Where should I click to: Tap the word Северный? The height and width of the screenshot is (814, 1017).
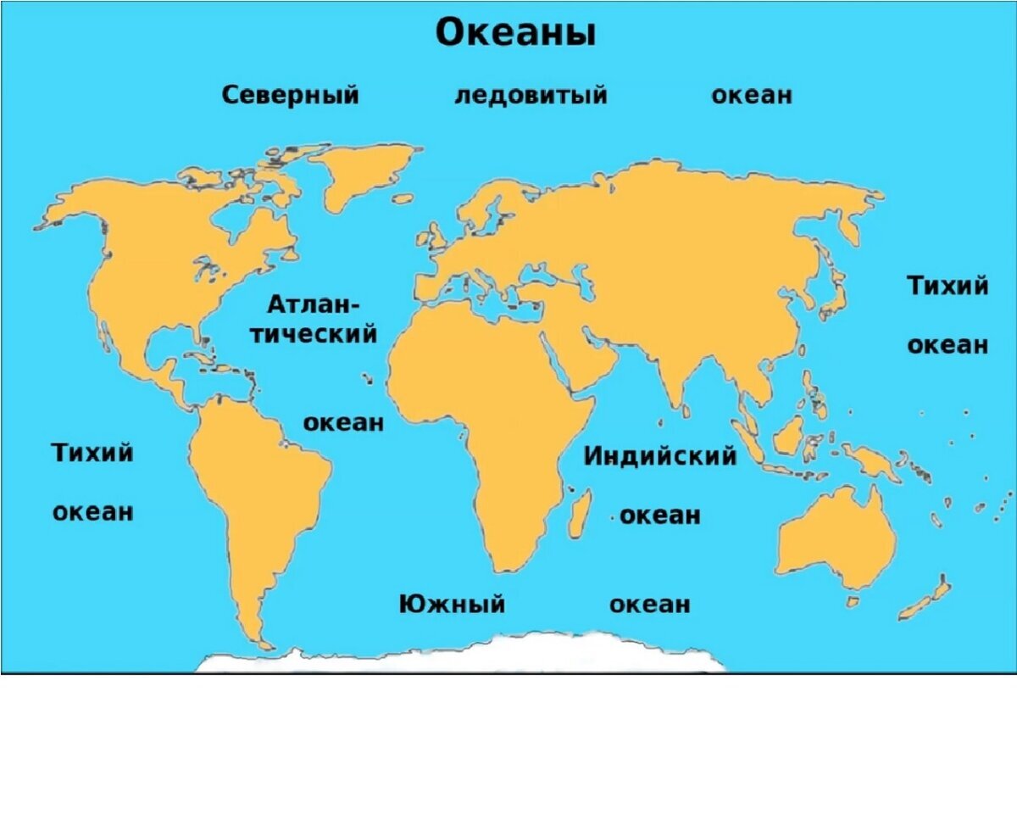290,95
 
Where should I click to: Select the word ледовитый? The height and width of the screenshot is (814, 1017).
531,95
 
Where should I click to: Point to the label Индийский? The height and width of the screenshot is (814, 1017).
659,456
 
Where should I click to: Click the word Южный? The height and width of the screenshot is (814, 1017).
452,605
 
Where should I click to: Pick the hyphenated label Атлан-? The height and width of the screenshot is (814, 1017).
314,304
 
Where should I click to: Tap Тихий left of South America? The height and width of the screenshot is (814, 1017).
93,453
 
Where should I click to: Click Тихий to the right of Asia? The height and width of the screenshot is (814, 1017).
948,286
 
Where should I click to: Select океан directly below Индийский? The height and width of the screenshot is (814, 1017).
660,515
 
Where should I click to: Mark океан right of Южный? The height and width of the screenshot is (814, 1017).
650,605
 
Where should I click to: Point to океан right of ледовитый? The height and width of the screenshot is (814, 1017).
752,95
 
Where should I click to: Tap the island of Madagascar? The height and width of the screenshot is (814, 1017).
581,511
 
